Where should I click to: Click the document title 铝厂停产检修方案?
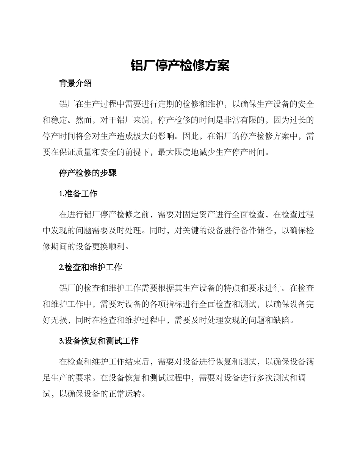[180, 65]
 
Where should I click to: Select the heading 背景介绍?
[75, 83]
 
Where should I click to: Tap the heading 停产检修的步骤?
[88, 173]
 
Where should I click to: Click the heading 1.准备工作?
[78, 194]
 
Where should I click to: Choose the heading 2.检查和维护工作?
[90, 267]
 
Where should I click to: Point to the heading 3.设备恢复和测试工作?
[99, 341]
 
